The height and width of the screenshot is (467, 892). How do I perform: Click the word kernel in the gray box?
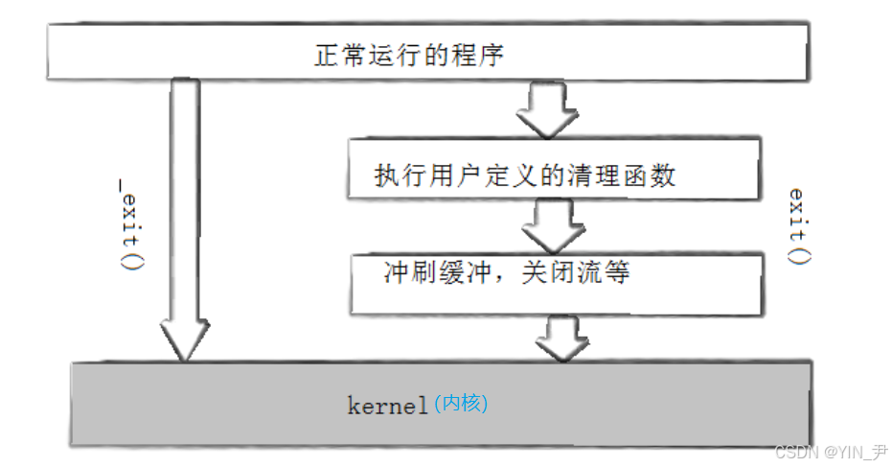[387, 407]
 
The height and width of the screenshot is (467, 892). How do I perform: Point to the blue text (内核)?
[461, 404]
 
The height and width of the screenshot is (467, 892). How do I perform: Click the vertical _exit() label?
[130, 230]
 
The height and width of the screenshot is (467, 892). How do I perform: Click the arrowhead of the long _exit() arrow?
[183, 340]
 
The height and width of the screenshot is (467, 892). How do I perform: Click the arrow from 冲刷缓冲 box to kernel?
[561, 337]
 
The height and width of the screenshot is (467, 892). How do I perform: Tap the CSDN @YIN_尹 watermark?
[831, 452]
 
